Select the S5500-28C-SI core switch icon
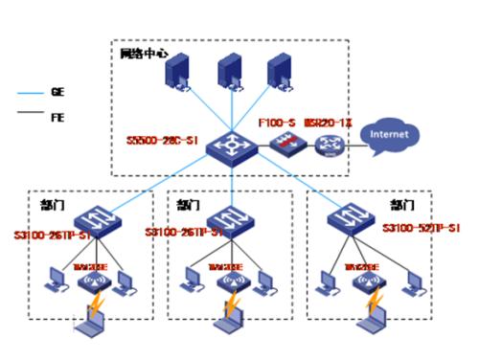click(x=231, y=145)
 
